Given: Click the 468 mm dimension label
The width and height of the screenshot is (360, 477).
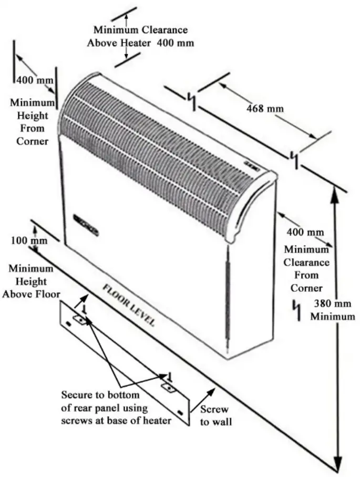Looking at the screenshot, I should point(265,108).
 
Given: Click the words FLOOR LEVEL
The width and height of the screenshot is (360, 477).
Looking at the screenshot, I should point(128,306).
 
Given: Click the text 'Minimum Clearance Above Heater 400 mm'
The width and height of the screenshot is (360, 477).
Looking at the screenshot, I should point(140,36).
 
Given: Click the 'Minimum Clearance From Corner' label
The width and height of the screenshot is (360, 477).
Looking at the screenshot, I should point(306,269).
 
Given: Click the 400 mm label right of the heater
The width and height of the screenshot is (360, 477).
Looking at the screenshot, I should point(297,232).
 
